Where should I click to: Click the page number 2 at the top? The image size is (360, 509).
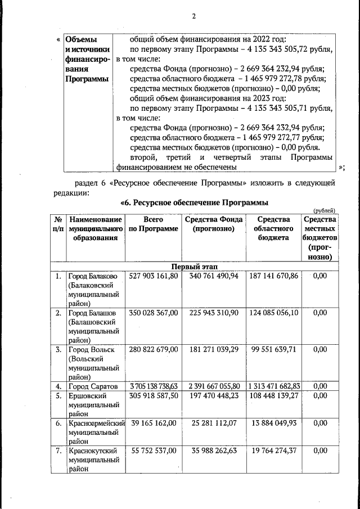coord(193,16)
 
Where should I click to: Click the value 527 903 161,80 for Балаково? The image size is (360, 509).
coord(154,276)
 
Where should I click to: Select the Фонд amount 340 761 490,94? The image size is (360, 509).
coord(214,276)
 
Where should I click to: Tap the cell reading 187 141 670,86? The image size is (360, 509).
coord(273,276)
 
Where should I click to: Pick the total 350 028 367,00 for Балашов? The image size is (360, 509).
coord(154,313)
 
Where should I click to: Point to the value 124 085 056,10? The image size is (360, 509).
coord(273,313)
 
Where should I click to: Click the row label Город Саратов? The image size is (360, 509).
coord(92,386)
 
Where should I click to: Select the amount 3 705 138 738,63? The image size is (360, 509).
coord(154,386)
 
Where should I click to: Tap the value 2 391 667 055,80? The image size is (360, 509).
coord(214,386)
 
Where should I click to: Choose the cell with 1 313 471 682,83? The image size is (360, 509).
coord(273,386)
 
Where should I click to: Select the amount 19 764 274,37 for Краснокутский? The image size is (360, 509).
coord(273,451)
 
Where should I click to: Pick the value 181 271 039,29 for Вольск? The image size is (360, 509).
coord(214,349)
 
